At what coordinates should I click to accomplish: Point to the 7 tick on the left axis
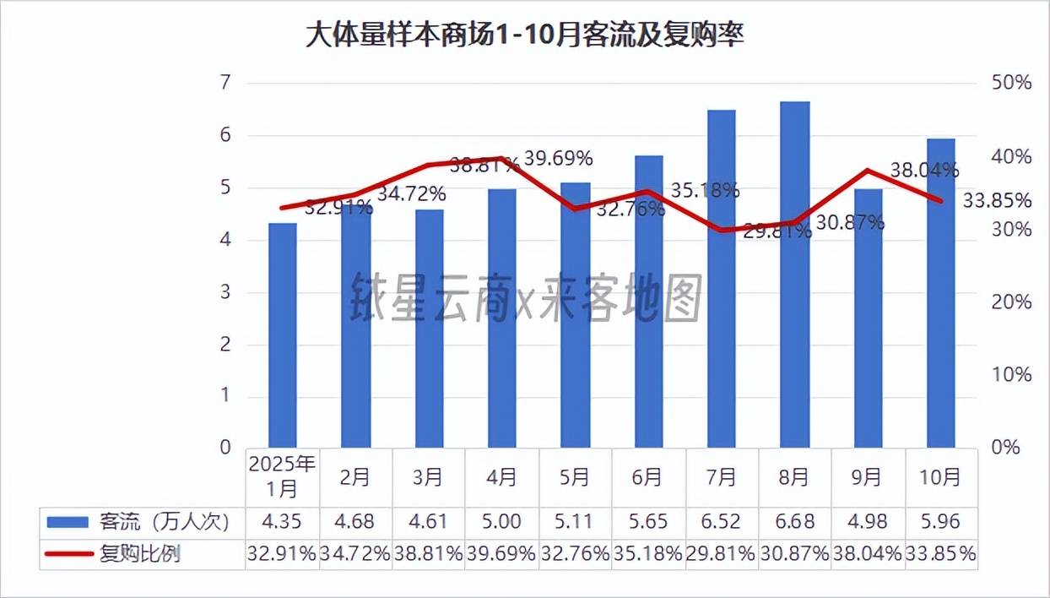224,83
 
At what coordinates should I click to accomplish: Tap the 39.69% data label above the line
558,158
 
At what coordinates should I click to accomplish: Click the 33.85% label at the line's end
998,201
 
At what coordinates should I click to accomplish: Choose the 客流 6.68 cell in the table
794,521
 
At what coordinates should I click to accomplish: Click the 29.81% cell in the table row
722,554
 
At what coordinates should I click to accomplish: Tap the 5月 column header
575,477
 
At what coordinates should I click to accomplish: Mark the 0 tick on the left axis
224,448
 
